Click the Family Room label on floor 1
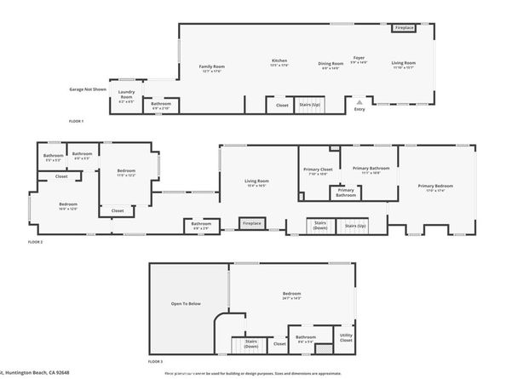tap(212, 67)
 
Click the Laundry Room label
tap(126, 94)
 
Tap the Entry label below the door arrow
tap(359, 108)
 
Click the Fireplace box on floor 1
tap(404, 28)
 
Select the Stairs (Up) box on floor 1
tap(309, 106)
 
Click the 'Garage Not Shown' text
tap(88, 89)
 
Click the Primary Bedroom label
tap(434, 187)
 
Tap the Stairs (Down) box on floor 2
tap(319, 226)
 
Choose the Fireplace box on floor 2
tap(251, 224)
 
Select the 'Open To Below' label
tap(187, 303)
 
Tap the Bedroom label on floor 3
tap(291, 296)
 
